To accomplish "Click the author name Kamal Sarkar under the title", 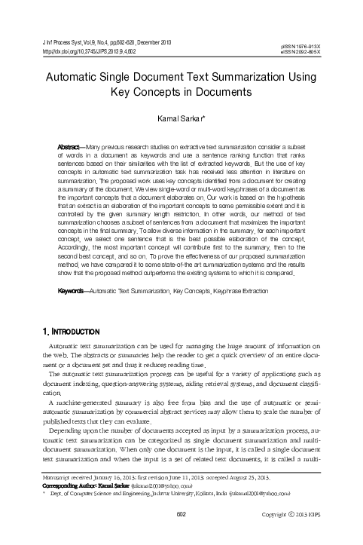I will coord(181,118).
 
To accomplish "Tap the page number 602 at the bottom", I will coord(181,534).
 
